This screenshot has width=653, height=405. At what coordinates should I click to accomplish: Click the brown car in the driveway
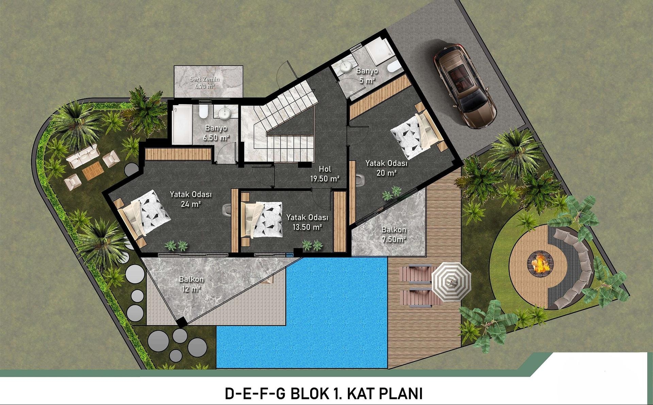click(465, 86)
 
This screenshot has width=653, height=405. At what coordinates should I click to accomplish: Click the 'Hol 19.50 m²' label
click(325, 174)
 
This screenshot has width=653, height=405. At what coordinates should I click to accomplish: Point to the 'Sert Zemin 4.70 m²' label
click(204, 83)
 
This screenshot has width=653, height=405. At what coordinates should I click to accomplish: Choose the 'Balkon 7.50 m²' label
click(394, 234)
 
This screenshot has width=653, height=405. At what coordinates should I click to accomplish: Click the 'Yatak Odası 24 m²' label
click(191, 199)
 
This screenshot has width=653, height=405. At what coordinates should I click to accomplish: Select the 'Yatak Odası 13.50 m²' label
click(307, 222)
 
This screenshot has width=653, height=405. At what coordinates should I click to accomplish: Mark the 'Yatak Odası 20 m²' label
click(386, 168)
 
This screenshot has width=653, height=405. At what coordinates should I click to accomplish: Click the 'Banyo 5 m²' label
click(367, 75)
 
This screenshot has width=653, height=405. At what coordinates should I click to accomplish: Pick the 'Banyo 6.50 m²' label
click(216, 133)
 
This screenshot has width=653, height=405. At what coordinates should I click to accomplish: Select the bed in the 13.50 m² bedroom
click(262, 219)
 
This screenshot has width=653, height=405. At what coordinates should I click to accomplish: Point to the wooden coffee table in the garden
click(92, 171)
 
